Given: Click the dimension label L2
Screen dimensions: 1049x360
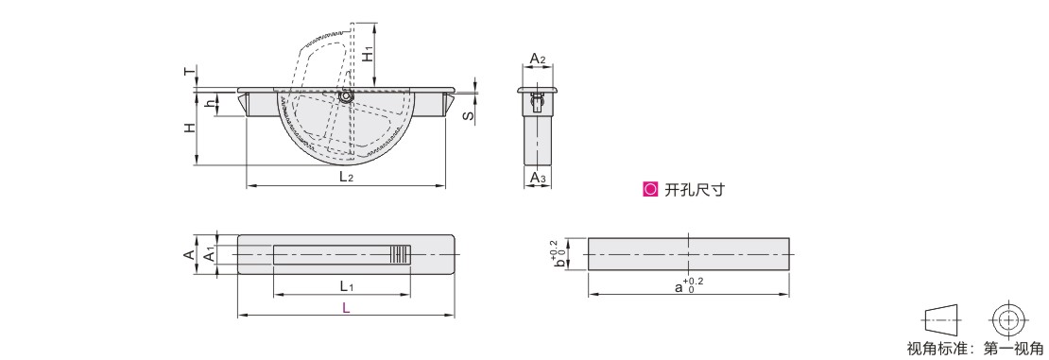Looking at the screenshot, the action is pyautogui.click(x=346, y=178).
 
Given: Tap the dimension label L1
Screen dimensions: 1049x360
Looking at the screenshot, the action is pyautogui.click(x=346, y=286).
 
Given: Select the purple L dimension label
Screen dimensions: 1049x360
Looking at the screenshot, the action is pyautogui.click(x=346, y=308).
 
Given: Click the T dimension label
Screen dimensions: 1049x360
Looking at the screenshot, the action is pyautogui.click(x=191, y=71).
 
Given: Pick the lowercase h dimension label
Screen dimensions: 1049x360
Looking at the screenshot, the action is pyautogui.click(x=210, y=104).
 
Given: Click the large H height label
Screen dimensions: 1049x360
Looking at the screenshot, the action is pyautogui.click(x=191, y=128).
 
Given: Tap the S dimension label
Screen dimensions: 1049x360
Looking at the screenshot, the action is pyautogui.click(x=471, y=115).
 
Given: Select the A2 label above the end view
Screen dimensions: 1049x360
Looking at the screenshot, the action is pyautogui.click(x=538, y=59).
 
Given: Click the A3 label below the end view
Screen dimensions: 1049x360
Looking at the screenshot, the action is pyautogui.click(x=538, y=178).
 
